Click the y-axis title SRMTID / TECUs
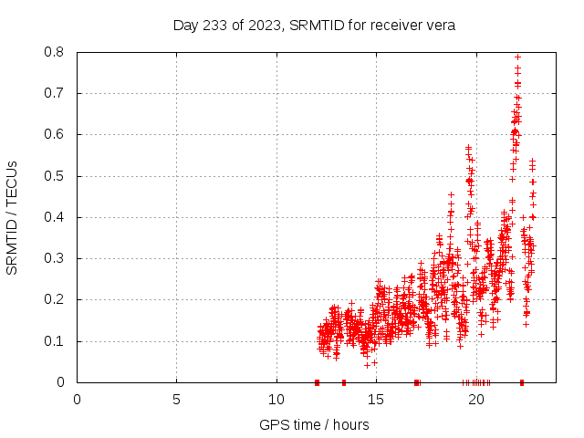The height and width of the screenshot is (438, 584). [13, 217]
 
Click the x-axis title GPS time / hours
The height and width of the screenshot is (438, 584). [314, 424]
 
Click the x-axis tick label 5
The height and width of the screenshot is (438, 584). [176, 399]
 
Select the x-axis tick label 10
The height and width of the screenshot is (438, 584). [276, 399]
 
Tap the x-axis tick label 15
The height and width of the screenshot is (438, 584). [376, 399]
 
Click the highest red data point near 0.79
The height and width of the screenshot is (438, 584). [518, 57]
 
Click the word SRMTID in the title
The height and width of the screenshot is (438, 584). [316, 26]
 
